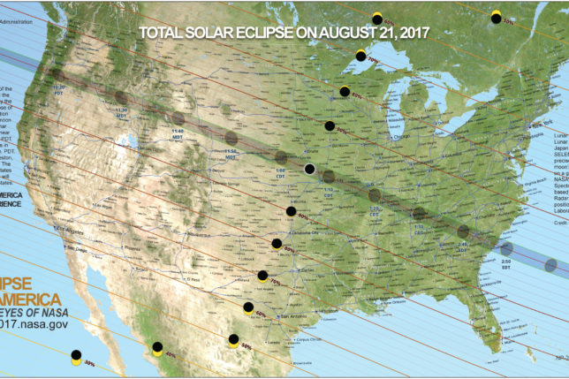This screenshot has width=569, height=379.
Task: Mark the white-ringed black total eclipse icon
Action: pos(309,169)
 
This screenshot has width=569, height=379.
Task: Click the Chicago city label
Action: pos(406,138)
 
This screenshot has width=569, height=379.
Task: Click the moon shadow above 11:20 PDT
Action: pos(58,74)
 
